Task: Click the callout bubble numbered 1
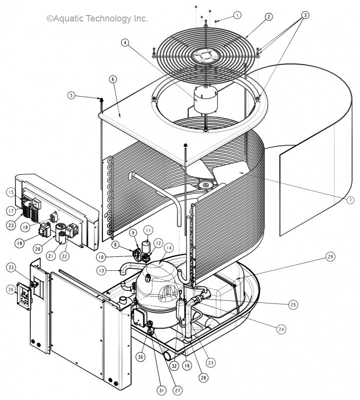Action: pyautogui.click(x=236, y=15)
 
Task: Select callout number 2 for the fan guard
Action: pyautogui.click(x=268, y=17)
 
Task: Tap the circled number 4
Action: pyautogui.click(x=124, y=43)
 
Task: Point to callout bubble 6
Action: pyautogui.click(x=112, y=79)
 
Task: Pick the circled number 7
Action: pyautogui.click(x=349, y=200)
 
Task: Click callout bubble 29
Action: pyautogui.click(x=330, y=256)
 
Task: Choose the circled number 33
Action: pyautogui.click(x=10, y=268)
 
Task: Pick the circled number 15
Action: pyautogui.click(x=10, y=192)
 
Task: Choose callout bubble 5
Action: pyautogui.click(x=71, y=95)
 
